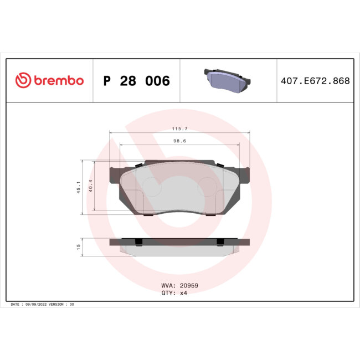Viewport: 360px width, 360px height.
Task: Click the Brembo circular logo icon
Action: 23,81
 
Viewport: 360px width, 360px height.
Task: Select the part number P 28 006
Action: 136,81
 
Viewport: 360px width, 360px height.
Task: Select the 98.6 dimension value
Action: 179,141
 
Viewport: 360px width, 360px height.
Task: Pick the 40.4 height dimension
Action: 91,187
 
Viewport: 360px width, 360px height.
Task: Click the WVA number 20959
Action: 187,285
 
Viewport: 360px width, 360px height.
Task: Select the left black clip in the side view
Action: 139,241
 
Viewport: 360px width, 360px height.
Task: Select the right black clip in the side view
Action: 220,241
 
